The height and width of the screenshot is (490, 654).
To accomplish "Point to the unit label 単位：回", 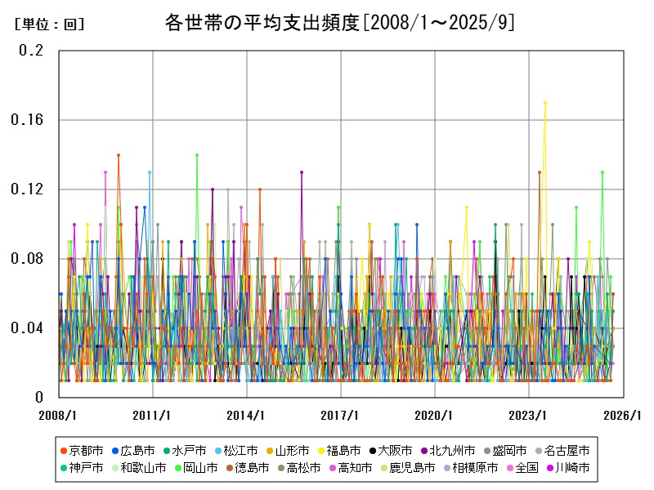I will (x=49, y=24).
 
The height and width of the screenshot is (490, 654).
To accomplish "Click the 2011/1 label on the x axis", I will (x=153, y=415).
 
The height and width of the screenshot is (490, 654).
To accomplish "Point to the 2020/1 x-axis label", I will (x=435, y=415).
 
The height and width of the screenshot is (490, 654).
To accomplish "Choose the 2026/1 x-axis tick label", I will (x=623, y=415).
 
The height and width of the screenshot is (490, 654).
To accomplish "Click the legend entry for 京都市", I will (x=82, y=451).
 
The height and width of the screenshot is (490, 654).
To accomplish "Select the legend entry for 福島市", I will (x=330, y=451).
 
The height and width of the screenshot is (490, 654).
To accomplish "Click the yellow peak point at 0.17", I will (x=545, y=103).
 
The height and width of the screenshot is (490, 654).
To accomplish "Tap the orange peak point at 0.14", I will (x=119, y=154).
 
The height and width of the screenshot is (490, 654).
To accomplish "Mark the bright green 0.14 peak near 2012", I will (x=197, y=154).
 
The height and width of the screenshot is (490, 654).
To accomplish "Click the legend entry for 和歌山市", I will (x=138, y=468).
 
